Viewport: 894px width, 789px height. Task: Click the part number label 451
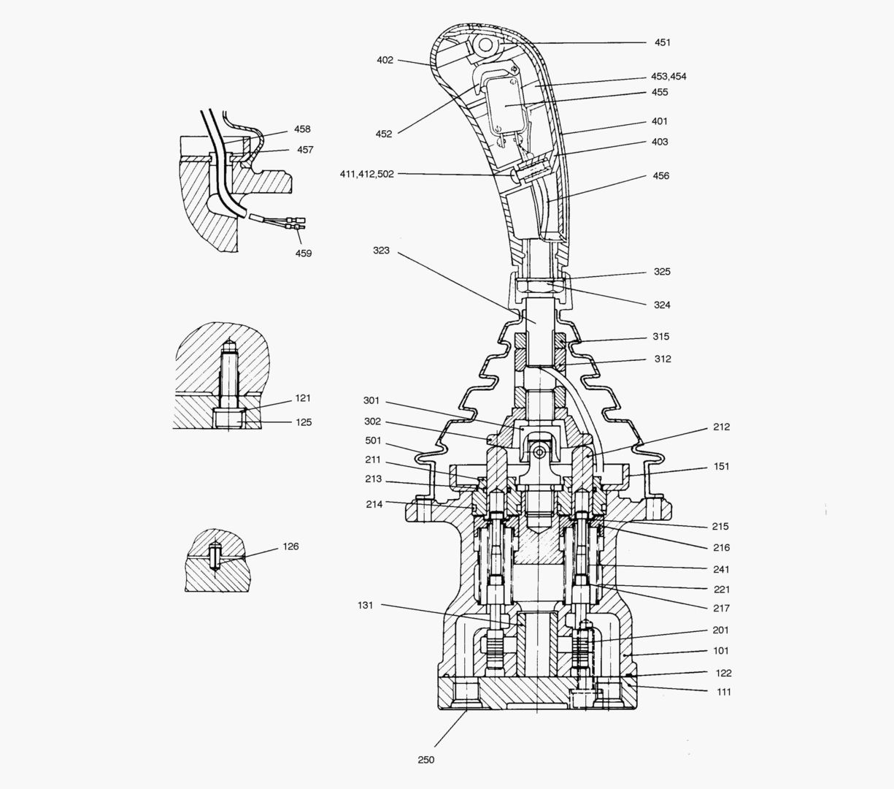pos(662,42)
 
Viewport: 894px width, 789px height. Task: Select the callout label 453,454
pos(668,77)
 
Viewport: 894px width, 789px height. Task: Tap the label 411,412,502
pos(366,174)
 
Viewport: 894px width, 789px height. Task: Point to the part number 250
pos(426,760)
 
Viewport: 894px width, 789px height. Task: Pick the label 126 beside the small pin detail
pos(290,546)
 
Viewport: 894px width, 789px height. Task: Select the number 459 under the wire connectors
pos(303,254)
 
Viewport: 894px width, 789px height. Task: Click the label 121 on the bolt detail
pos(303,398)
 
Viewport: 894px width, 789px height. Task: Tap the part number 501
pos(374,441)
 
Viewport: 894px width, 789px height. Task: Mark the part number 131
pos(366,605)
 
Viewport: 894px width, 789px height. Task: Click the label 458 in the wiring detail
pos(302,129)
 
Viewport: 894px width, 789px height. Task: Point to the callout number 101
pos(720,650)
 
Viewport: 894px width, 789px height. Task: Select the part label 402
pos(385,60)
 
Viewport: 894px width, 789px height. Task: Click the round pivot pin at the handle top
pos(482,45)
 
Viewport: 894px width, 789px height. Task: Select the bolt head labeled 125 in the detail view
pos(229,419)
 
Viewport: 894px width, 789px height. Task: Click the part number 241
pos(721,569)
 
